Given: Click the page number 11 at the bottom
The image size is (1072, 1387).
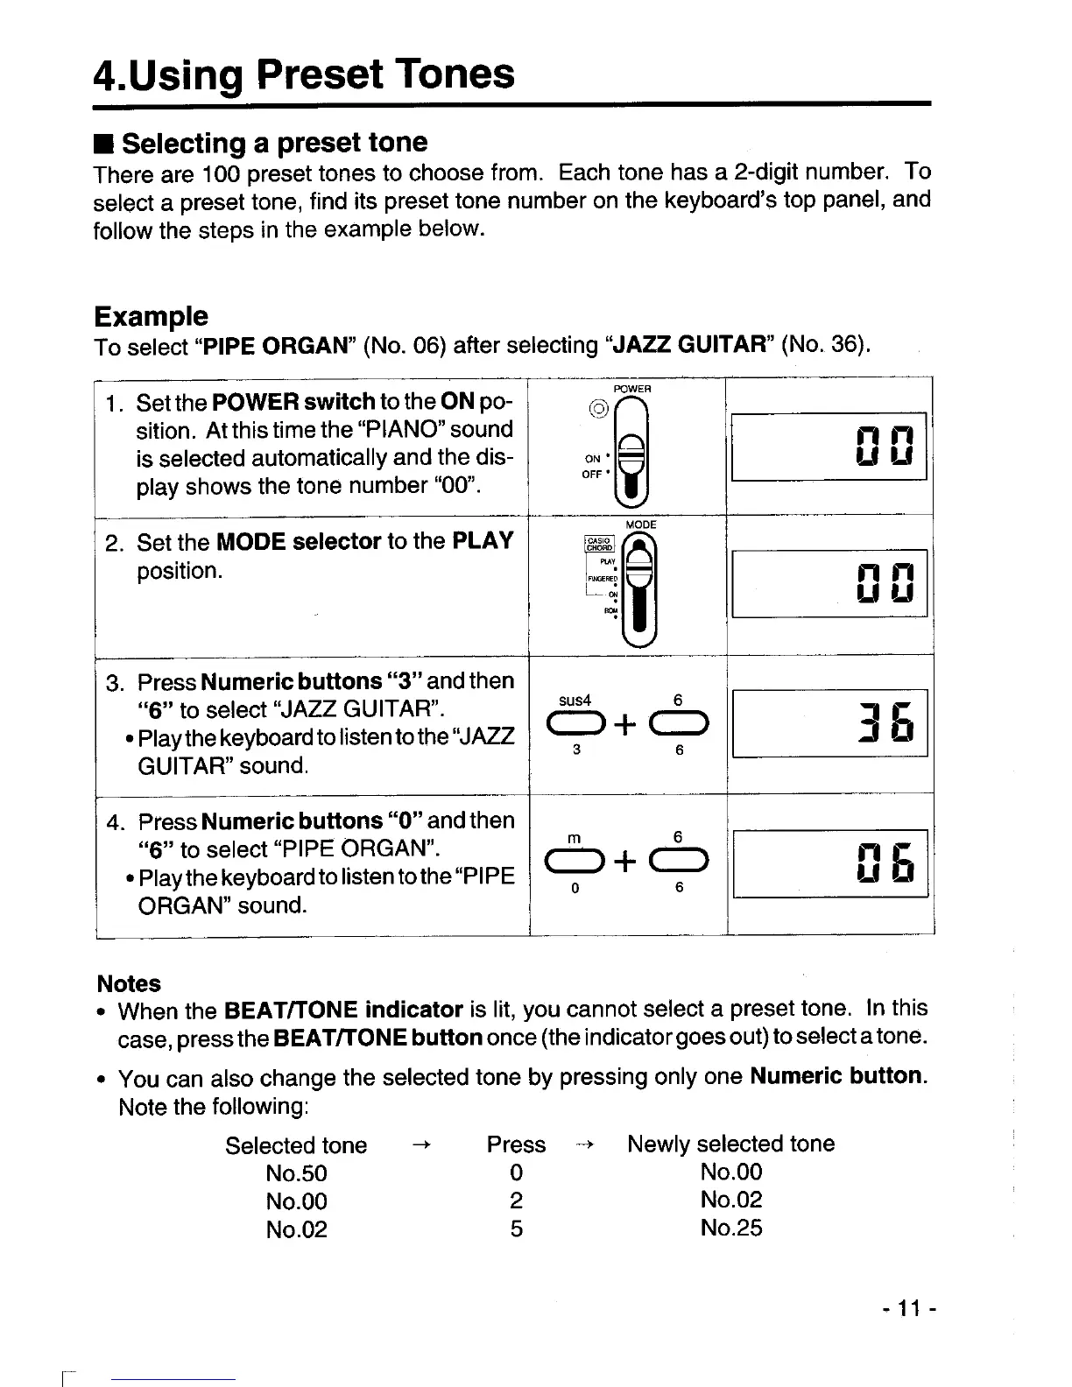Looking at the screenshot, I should [910, 1310].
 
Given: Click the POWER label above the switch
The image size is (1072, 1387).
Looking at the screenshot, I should [631, 388].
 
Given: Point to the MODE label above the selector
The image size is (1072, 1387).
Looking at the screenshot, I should [641, 524].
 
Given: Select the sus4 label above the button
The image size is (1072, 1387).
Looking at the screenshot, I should [575, 701].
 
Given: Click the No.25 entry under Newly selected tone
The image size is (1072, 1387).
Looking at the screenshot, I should [731, 1228].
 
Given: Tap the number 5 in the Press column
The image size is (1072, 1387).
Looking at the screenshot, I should [517, 1229].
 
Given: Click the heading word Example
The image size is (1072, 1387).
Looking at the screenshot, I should [151, 316].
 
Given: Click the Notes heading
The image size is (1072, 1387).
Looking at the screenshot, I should [129, 983].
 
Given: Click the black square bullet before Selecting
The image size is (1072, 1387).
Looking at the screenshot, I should [104, 144].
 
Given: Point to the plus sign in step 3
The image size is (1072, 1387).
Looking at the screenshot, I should [625, 724].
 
